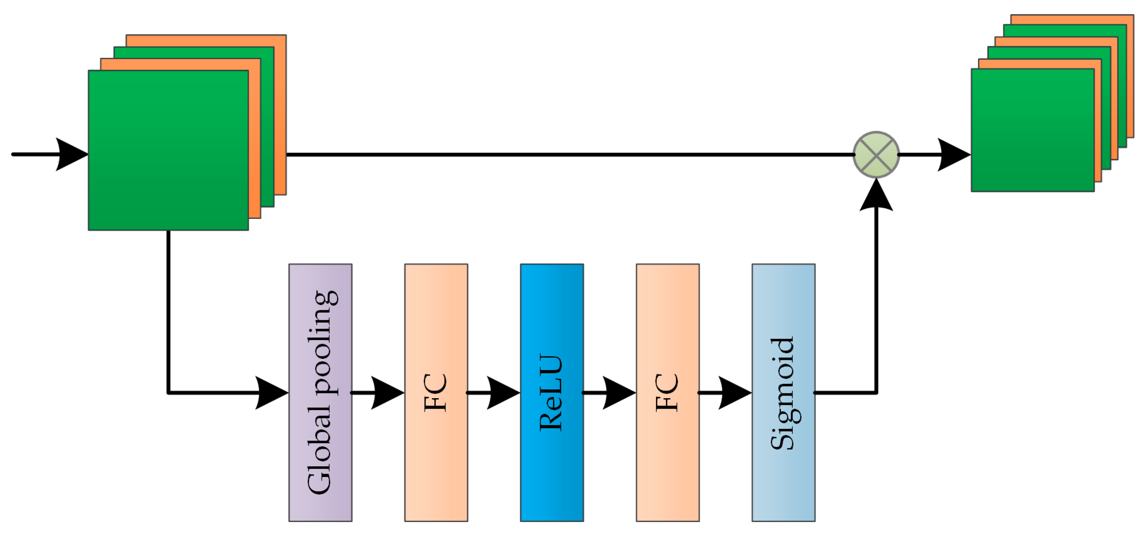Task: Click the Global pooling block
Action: pos(320,392)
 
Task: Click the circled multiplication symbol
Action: pos(876,154)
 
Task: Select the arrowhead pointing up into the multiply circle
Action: pos(876,196)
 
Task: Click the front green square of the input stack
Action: pos(168,150)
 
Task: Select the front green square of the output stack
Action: pos(1032,130)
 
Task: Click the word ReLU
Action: pos(551,392)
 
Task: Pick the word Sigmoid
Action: pos(782,393)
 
